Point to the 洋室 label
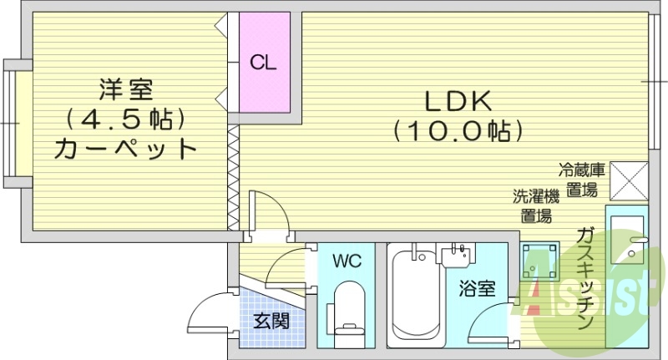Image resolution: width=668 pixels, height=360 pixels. tap(125, 87)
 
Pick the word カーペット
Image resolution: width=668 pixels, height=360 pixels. tap(125, 150)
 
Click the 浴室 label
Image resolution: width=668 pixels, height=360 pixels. tap(478, 290)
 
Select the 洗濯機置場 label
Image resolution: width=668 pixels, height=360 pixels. tap(535, 206)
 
